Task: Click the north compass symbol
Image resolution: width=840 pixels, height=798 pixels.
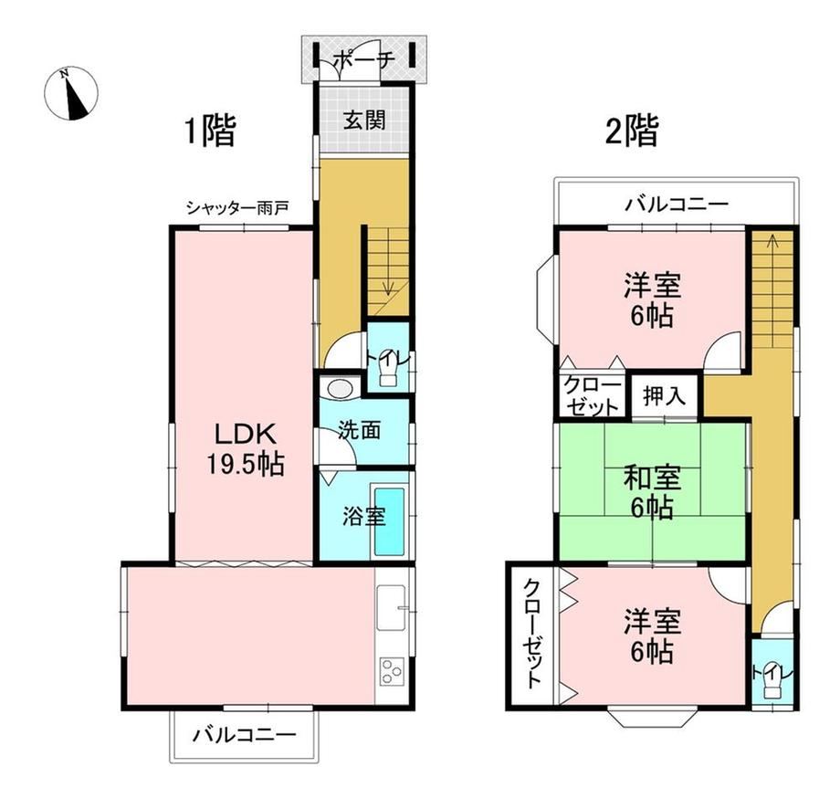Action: pos(70,94)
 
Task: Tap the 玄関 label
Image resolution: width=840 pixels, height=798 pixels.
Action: pos(364,120)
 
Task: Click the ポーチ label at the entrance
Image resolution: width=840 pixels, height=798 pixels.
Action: pos(364,59)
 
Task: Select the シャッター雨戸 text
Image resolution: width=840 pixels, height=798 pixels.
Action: pos(237,208)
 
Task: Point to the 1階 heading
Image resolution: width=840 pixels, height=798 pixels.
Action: pos(210,131)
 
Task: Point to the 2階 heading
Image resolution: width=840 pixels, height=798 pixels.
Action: pos(632,131)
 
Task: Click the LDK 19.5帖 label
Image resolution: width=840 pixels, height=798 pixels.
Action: pos(246,449)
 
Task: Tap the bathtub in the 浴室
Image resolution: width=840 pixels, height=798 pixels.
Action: pos(389,521)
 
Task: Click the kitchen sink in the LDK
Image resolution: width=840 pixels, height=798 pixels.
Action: pos(392,608)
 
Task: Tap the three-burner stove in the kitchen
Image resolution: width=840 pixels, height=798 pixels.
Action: pos(392,670)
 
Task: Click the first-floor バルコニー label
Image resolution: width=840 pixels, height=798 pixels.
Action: pos(245,734)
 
